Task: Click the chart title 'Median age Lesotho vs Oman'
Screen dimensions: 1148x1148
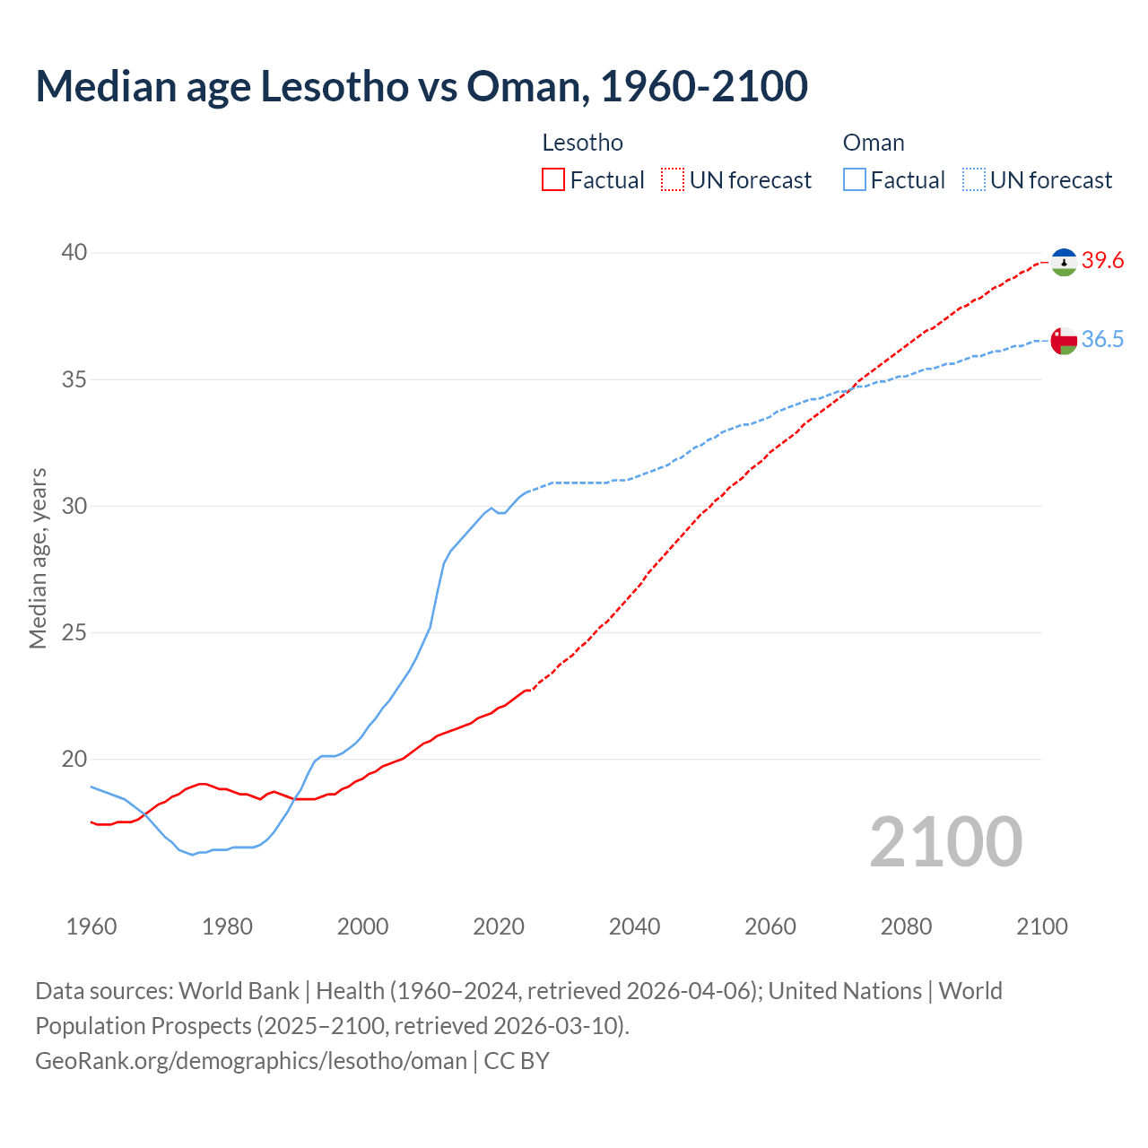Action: click(422, 86)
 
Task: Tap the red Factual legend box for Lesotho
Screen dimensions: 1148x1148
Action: click(553, 180)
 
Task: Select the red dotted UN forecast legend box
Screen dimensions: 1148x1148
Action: click(673, 180)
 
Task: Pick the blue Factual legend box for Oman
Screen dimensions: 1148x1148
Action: click(855, 180)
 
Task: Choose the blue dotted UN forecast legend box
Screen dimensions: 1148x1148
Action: click(974, 180)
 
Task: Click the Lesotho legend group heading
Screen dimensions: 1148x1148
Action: click(582, 143)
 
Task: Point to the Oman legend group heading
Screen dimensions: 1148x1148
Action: click(874, 143)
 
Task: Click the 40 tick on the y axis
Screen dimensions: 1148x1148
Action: click(74, 253)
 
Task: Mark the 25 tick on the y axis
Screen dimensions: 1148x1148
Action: click(74, 632)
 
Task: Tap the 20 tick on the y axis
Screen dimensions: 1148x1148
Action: click(74, 759)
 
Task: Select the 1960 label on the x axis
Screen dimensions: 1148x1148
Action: click(91, 926)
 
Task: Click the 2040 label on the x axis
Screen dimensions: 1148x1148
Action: click(634, 926)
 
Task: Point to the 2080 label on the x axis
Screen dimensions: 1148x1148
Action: click(906, 926)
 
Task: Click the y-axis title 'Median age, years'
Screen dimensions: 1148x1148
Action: click(38, 558)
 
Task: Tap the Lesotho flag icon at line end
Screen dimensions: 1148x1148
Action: click(1064, 262)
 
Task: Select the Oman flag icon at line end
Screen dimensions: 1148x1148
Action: click(1064, 341)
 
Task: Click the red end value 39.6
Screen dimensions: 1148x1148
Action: click(1102, 261)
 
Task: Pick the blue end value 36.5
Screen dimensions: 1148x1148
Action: click(1102, 340)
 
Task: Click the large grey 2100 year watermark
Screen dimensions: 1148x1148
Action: click(945, 841)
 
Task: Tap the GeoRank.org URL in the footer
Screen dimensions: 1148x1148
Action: click(251, 1061)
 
